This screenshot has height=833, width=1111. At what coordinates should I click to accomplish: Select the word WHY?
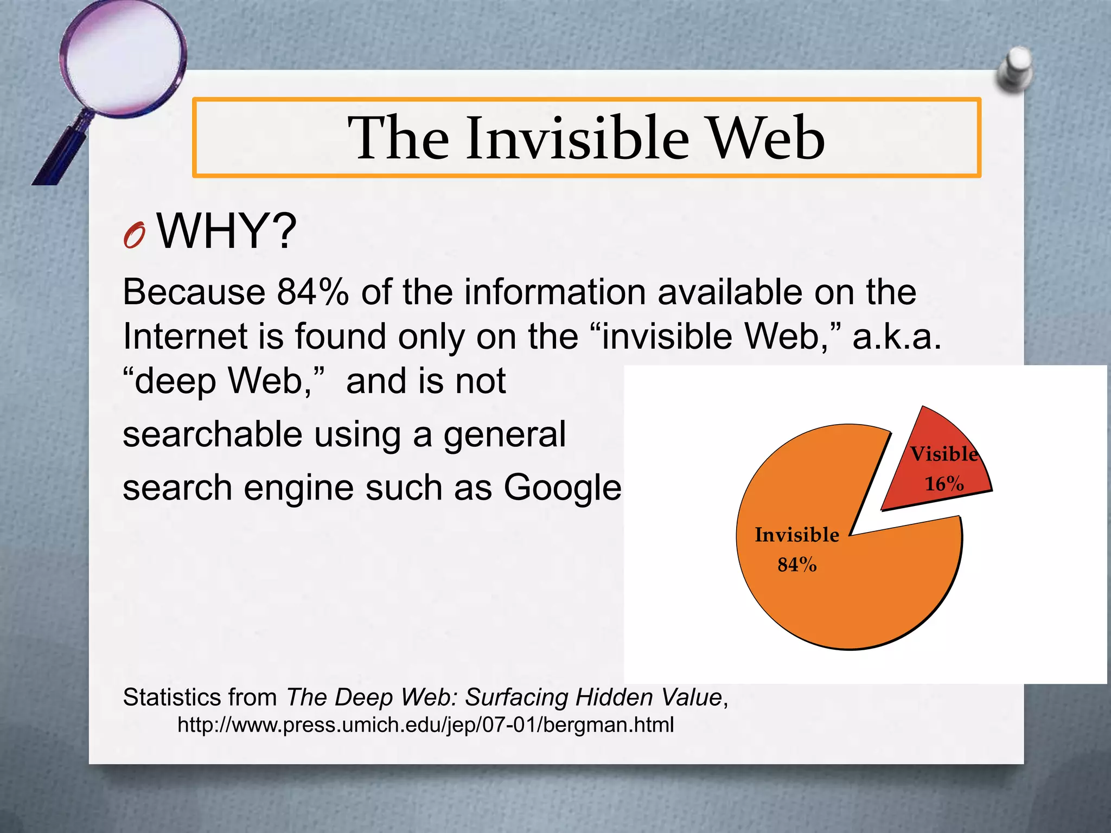pyautogui.click(x=227, y=232)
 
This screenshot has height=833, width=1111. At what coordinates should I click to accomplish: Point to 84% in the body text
pyautogui.click(x=312, y=292)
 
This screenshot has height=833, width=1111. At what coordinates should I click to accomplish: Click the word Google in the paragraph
pyautogui.click(x=562, y=488)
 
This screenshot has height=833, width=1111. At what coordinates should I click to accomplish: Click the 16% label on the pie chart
pyautogui.click(x=944, y=484)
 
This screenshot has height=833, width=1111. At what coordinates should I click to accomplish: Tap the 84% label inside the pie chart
pyautogui.click(x=797, y=565)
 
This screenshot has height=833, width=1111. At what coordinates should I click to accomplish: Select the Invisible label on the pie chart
pyautogui.click(x=797, y=535)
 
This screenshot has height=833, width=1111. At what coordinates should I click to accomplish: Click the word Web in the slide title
pyautogui.click(x=767, y=138)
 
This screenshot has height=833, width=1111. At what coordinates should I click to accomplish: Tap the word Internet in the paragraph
pyautogui.click(x=186, y=337)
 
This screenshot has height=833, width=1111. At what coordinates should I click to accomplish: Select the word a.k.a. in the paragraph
pyautogui.click(x=897, y=337)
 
